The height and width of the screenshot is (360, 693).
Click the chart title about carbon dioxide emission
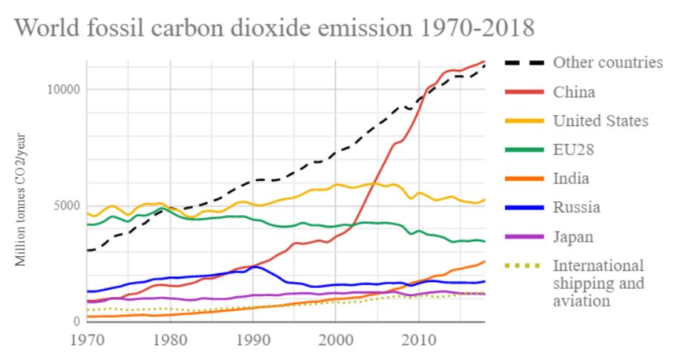point(274,27)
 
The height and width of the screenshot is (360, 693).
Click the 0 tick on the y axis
point(75,322)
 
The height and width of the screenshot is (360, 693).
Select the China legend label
point(574,92)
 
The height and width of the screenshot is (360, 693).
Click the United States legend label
point(601,121)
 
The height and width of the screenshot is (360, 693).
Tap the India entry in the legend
point(570,179)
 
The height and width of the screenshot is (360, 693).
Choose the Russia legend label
point(576,208)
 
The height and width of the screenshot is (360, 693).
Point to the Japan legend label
point(573,237)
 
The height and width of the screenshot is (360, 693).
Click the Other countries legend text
point(608,62)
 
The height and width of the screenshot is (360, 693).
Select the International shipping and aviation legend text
point(599,284)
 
